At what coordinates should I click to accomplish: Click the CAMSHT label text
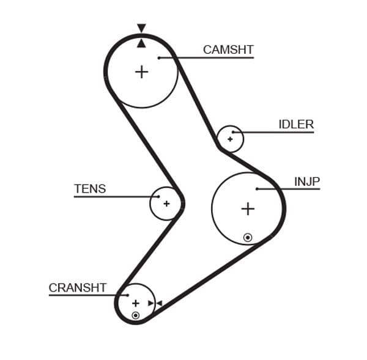pyautogui.click(x=228, y=50)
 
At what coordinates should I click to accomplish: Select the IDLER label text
pyautogui.click(x=295, y=125)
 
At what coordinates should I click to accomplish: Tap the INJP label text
pyautogui.click(x=307, y=182)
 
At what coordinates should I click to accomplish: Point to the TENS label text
pyautogui.click(x=90, y=189)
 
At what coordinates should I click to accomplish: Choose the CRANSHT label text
pyautogui.click(x=78, y=287)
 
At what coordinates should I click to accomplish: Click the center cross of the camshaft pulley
pyautogui.click(x=141, y=72)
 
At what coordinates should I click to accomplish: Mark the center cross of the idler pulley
pyautogui.click(x=230, y=139)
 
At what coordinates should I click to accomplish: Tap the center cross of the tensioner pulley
pyautogui.click(x=166, y=203)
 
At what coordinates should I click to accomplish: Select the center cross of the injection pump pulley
pyautogui.click(x=247, y=209)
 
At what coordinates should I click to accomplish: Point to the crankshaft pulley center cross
pyautogui.click(x=135, y=303)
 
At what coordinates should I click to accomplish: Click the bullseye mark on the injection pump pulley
pyautogui.click(x=248, y=237)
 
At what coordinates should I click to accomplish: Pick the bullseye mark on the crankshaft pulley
pyautogui.click(x=135, y=315)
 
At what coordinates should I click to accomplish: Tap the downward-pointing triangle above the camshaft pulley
pyautogui.click(x=141, y=28)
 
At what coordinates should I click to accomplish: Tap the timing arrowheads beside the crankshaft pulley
pyautogui.click(x=155, y=303)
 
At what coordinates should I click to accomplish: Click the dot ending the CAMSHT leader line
pyautogui.click(x=158, y=58)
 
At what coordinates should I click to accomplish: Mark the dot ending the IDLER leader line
pyautogui.click(x=233, y=132)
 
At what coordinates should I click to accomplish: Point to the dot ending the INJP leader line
pyautogui.click(x=257, y=189)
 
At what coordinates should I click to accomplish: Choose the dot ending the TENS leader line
pyautogui.click(x=158, y=197)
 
